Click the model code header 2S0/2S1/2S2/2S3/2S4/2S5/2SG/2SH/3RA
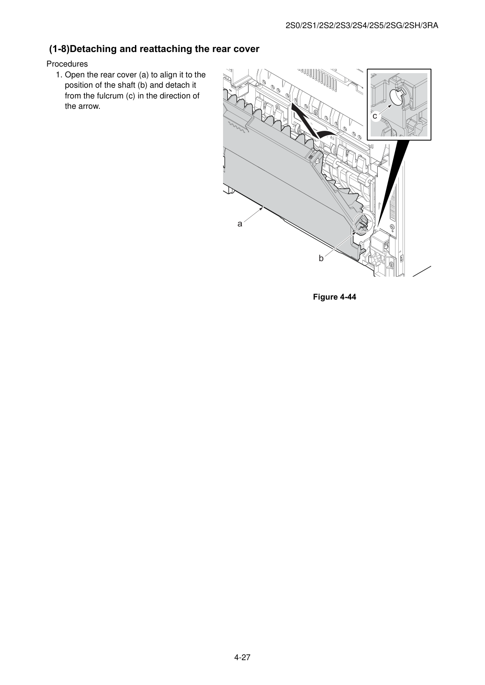(x=362, y=26)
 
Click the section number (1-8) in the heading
(x=60, y=49)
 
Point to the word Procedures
(x=67, y=64)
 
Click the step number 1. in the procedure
(x=59, y=75)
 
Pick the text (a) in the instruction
(x=144, y=75)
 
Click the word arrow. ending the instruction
(x=90, y=106)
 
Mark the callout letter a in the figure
(x=240, y=224)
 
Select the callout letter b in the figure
(x=321, y=258)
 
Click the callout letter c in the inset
(x=375, y=116)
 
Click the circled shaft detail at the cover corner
(x=364, y=224)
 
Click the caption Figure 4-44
(x=334, y=297)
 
